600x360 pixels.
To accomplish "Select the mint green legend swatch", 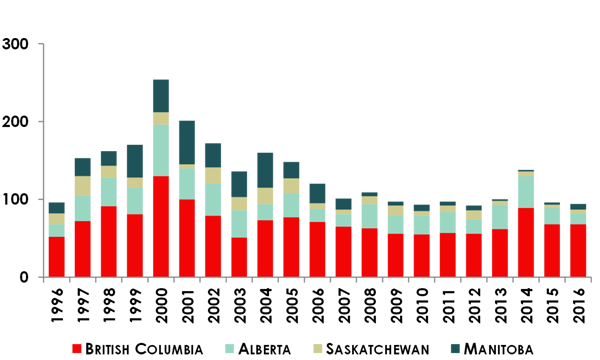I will click(x=226, y=343).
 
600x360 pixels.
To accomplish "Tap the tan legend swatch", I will click(x=313, y=343).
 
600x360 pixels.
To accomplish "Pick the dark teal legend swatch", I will click(x=452, y=343).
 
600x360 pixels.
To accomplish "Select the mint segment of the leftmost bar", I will click(x=58, y=226).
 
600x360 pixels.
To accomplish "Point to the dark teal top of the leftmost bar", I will click(x=58, y=204).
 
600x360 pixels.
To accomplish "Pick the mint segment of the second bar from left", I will click(x=84, y=207).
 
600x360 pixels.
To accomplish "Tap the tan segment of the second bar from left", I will click(x=84, y=186).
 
